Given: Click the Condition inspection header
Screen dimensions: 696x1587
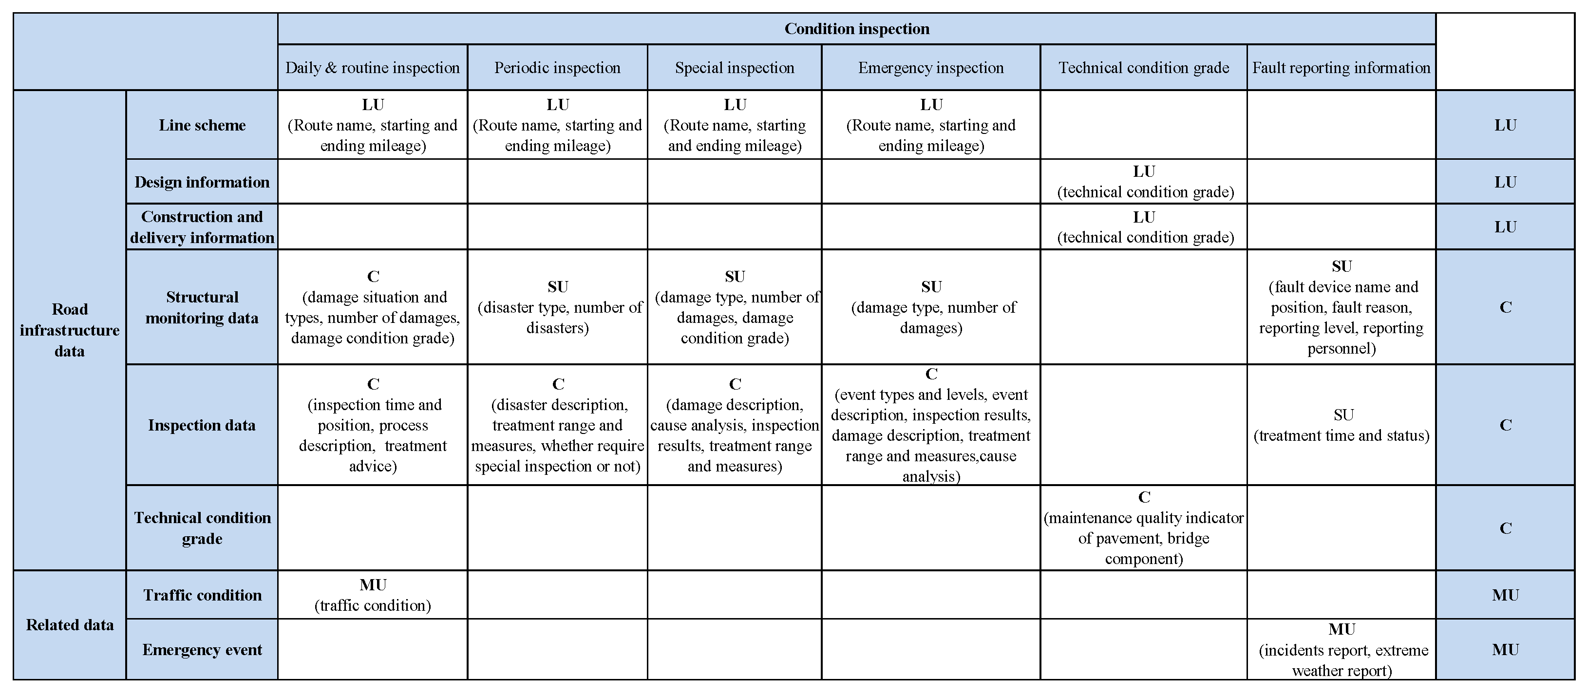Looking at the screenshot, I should point(856,29).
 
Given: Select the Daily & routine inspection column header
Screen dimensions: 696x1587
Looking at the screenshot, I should point(372,68).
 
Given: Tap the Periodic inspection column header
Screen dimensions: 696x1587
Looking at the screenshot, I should point(557,68).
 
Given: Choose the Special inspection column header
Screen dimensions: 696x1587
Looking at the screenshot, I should point(735,68).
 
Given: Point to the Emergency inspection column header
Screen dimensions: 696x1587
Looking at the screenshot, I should point(930,68).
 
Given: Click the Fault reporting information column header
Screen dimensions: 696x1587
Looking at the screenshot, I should point(1341,68).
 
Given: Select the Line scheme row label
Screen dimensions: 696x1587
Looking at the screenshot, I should point(202,125).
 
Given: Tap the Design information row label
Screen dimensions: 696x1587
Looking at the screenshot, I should point(202,182).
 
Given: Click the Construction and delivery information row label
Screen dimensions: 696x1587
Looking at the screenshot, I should point(202,226).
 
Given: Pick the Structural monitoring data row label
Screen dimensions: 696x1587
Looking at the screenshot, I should point(202,307).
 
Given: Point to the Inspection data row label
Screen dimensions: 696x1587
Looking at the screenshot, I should point(202,425).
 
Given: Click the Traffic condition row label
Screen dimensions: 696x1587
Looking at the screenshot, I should point(202,595).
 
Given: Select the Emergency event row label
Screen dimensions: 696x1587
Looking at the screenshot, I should point(202,650).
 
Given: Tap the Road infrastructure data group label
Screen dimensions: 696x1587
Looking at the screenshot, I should point(70,330).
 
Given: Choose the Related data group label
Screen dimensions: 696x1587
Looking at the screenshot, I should point(70,625).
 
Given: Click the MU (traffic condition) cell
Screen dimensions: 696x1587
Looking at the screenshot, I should point(372,595).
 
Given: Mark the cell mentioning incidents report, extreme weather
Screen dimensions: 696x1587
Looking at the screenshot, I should point(1341,650).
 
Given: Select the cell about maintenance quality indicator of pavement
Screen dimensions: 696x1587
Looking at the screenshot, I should point(1143,528).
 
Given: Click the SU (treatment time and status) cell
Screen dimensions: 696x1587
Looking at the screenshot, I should point(1341,425).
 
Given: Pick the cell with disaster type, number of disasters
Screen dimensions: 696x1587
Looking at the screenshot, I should point(557,307).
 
